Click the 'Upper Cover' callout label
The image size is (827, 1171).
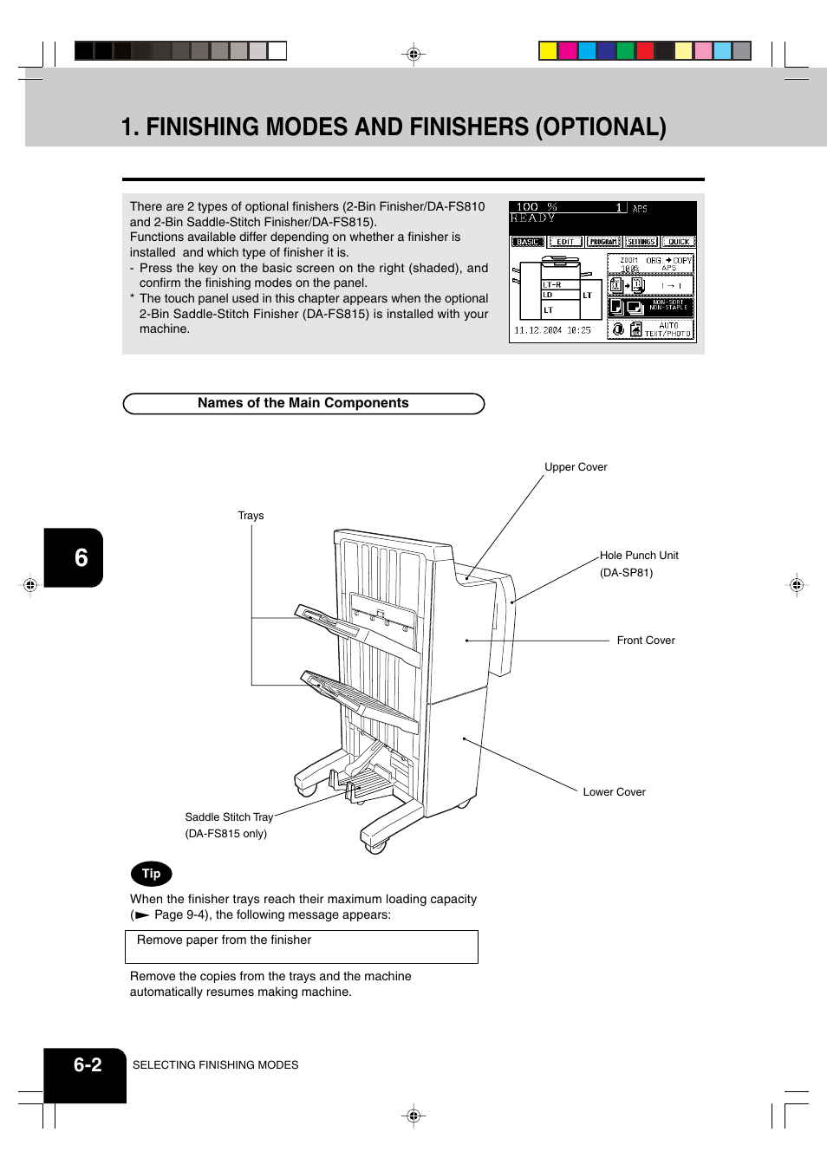pyautogui.click(x=576, y=467)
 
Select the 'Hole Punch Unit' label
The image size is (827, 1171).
pyautogui.click(x=639, y=556)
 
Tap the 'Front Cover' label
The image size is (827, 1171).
pyautogui.click(x=645, y=641)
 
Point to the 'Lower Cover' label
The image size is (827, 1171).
pyautogui.click(x=614, y=792)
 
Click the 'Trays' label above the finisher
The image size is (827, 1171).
pyautogui.click(x=251, y=516)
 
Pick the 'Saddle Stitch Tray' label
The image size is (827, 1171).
pyautogui.click(x=229, y=817)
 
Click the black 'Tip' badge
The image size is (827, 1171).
pyautogui.click(x=152, y=874)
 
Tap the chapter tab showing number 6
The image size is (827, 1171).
pyautogui.click(x=80, y=557)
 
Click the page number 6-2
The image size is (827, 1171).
pyautogui.click(x=88, y=1065)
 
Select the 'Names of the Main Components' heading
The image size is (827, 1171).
pyautogui.click(x=303, y=403)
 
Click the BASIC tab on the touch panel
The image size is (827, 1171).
pyautogui.click(x=527, y=242)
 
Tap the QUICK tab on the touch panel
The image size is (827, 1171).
pyautogui.click(x=679, y=242)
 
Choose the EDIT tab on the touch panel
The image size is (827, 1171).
pyautogui.click(x=565, y=242)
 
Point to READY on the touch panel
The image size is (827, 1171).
pyautogui.click(x=532, y=218)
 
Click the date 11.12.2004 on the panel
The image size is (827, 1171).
pyautogui.click(x=538, y=330)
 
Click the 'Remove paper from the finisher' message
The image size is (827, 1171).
pyautogui.click(x=224, y=940)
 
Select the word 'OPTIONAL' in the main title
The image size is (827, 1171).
pyautogui.click(x=600, y=127)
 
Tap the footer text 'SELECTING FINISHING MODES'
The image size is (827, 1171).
pyautogui.click(x=215, y=1065)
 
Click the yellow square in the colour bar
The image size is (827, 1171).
pyautogui.click(x=548, y=50)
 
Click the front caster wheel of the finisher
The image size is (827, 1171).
pyautogui.click(x=375, y=846)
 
